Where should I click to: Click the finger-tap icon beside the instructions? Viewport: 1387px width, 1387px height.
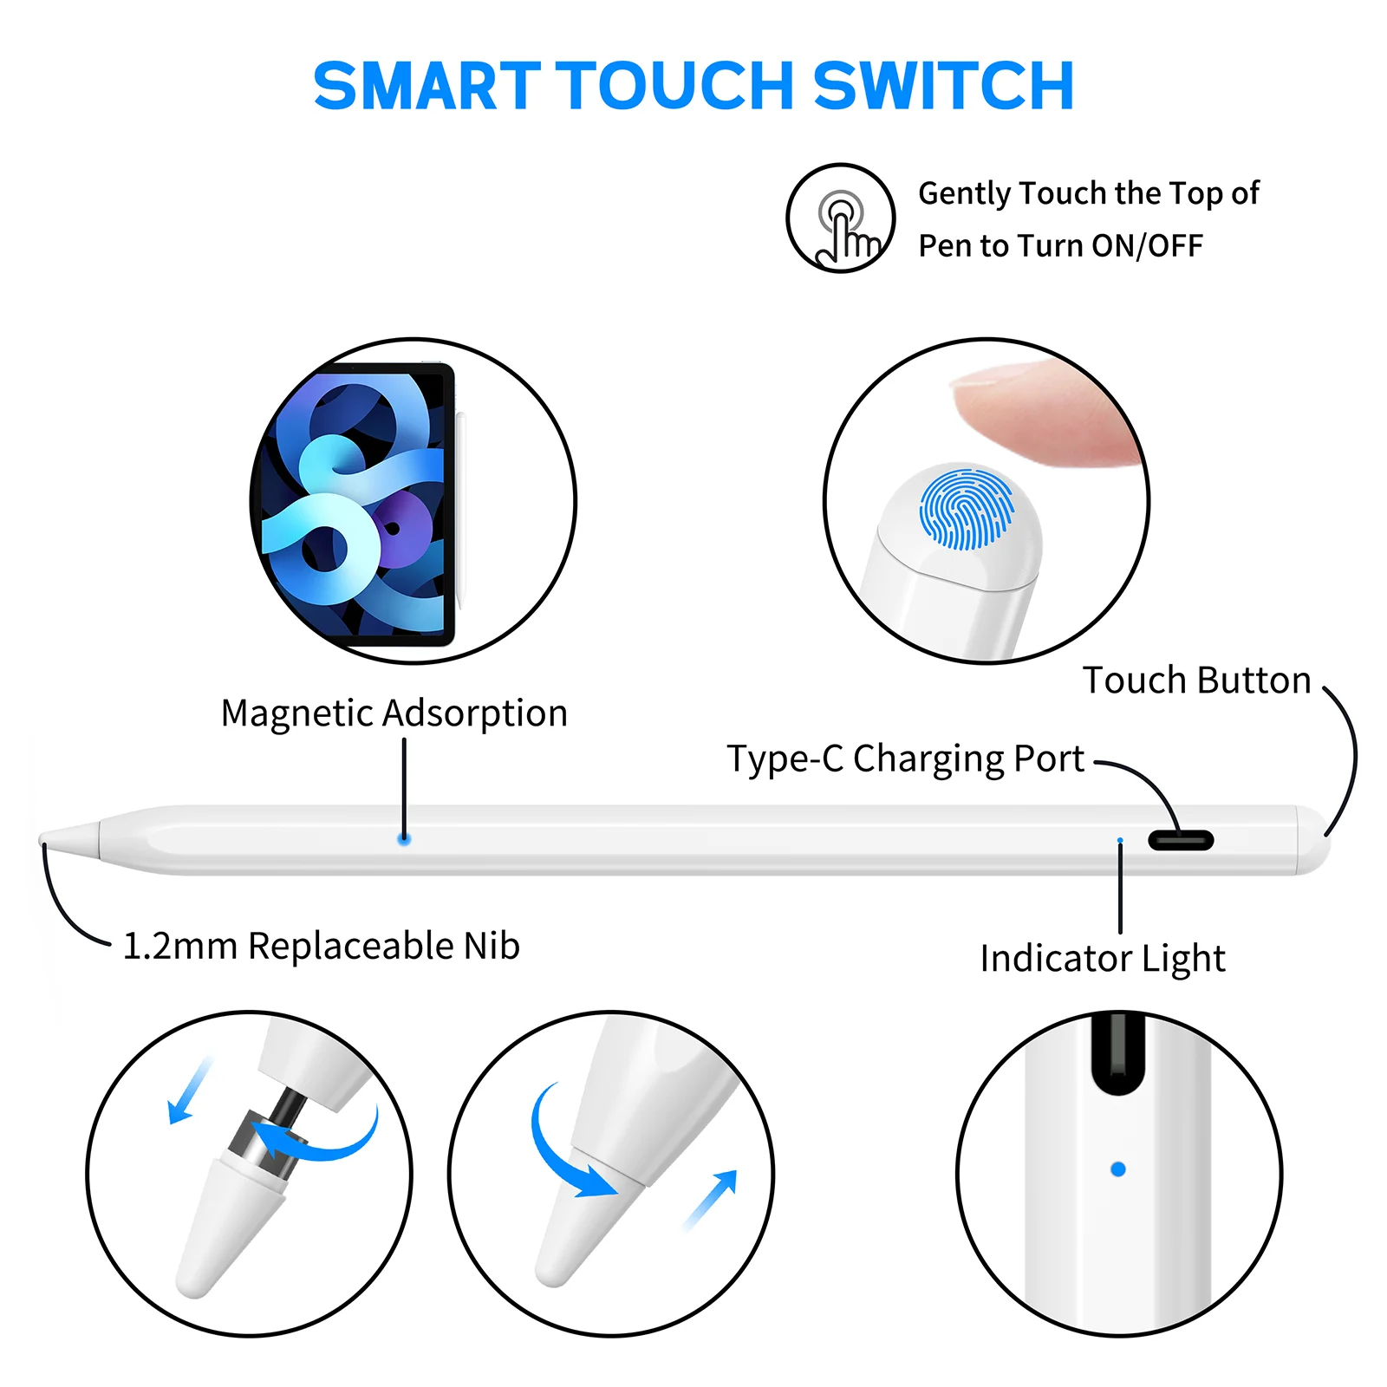pos(841,218)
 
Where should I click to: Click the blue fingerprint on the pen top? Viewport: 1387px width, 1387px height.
pos(966,509)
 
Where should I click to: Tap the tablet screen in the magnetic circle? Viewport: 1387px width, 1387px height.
pos(355,503)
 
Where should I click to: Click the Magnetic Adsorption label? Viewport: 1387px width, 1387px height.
pos(394,713)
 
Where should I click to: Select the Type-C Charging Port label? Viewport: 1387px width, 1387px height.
pos(905,759)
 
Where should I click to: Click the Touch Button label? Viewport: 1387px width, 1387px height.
pos(1196,680)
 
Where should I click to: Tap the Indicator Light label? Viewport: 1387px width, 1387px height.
pos(1103,959)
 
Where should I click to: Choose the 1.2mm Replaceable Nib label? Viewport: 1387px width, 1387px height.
pos(322,946)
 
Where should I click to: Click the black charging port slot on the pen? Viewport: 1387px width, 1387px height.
pos(1181,840)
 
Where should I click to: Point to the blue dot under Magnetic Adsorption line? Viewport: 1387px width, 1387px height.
pos(404,839)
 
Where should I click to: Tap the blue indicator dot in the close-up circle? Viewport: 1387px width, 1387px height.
pos(1118,1169)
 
